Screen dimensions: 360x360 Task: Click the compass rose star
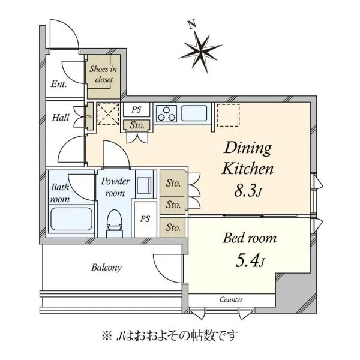tap(200, 52)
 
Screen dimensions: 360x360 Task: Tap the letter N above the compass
tap(192, 25)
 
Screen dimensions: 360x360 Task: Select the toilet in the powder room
tap(114, 223)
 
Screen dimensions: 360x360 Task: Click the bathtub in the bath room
tap(71, 219)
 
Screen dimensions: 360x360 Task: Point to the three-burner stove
tap(167, 113)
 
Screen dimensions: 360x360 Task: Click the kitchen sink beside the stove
tap(194, 113)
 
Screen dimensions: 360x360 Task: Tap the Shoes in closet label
tap(103, 74)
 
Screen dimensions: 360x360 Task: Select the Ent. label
tap(59, 84)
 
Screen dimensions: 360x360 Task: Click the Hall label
tap(61, 118)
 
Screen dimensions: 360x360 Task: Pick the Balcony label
tap(106, 268)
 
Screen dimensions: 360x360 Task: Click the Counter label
tap(231, 299)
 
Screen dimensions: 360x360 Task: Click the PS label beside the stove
tap(136, 110)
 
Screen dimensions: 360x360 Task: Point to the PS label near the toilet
tap(145, 219)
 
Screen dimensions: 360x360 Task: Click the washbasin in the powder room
tap(144, 185)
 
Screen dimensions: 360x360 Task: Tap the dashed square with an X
tap(108, 114)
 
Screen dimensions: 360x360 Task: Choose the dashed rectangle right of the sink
tap(228, 115)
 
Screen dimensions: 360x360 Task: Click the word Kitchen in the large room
tap(248, 169)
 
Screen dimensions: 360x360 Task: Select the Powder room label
tap(115, 187)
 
